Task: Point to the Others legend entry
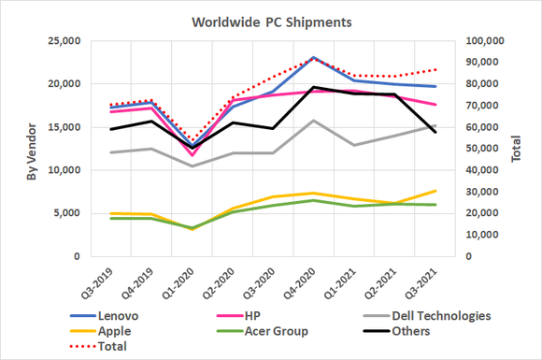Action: point(415,331)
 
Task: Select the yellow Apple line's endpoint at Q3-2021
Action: point(435,191)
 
